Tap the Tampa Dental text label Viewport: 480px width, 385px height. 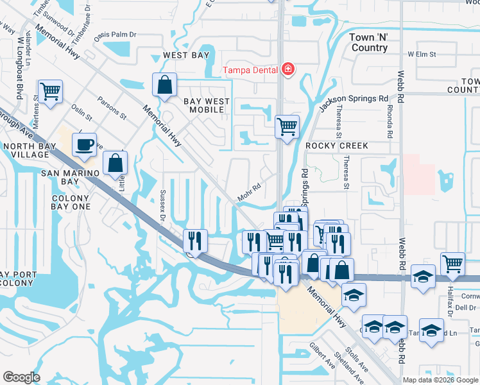(250, 70)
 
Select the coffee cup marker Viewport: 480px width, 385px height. (83, 145)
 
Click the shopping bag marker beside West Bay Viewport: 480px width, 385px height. (165, 85)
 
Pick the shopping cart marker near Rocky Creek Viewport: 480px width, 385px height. (286, 125)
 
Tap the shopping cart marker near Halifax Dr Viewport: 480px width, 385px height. (452, 263)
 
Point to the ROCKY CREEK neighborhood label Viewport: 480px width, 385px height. (336, 146)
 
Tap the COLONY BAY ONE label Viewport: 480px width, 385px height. (71, 203)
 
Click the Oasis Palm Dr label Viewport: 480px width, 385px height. (116, 35)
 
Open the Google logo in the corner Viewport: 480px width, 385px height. (21, 377)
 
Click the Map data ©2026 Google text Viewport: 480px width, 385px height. (441, 380)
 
